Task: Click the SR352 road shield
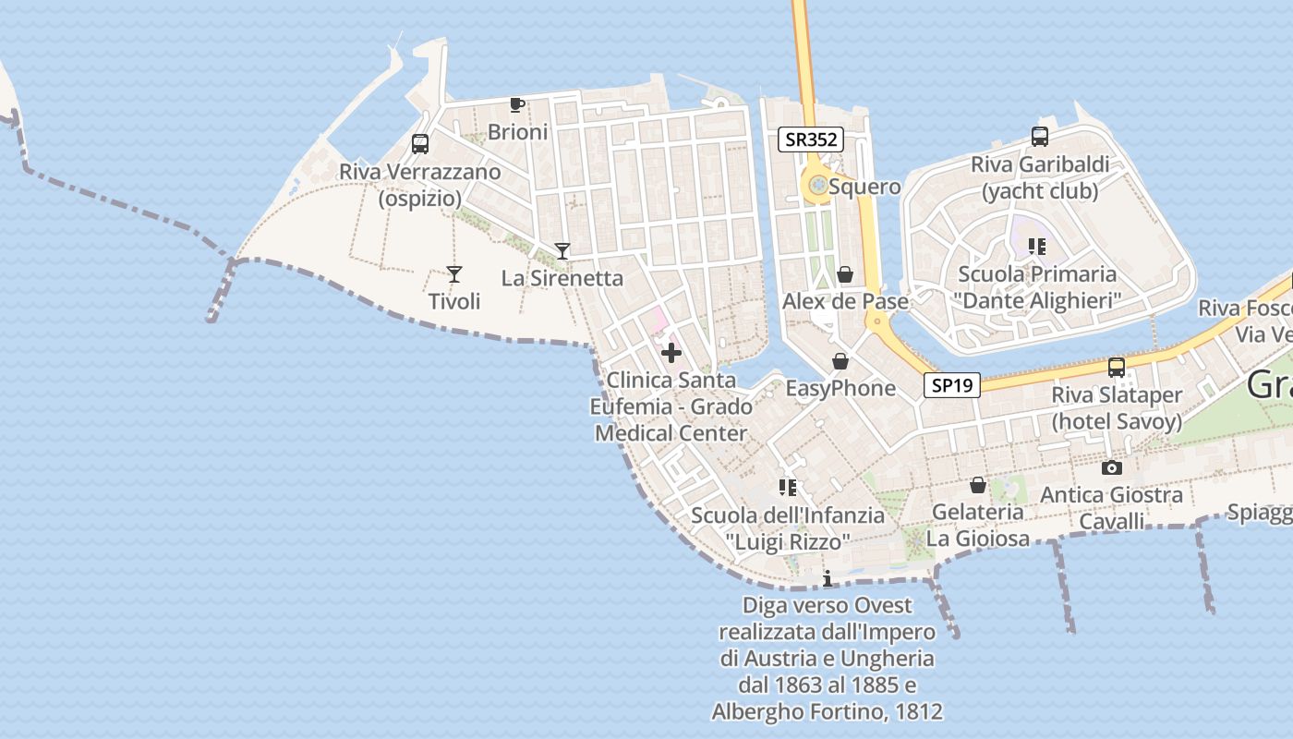click(x=811, y=139)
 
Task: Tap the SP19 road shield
click(x=952, y=385)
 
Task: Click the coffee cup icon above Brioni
click(x=517, y=104)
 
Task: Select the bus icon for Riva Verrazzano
click(x=420, y=144)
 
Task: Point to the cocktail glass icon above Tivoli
click(x=453, y=273)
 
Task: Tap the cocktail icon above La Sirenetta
click(x=562, y=250)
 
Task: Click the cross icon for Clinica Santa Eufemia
click(x=671, y=352)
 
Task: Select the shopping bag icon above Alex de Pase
click(x=844, y=274)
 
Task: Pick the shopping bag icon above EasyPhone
click(x=840, y=360)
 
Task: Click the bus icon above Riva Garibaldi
click(x=1040, y=137)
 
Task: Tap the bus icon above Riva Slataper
click(x=1117, y=367)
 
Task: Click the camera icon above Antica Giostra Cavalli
click(x=1112, y=467)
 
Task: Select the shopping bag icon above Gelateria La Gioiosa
click(x=978, y=484)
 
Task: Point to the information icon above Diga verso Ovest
click(x=828, y=578)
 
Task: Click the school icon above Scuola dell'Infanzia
click(x=787, y=487)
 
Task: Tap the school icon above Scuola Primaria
click(x=1036, y=247)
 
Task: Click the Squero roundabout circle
click(x=817, y=187)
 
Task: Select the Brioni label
click(x=517, y=132)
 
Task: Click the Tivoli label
click(x=454, y=301)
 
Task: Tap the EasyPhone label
click(x=840, y=388)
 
